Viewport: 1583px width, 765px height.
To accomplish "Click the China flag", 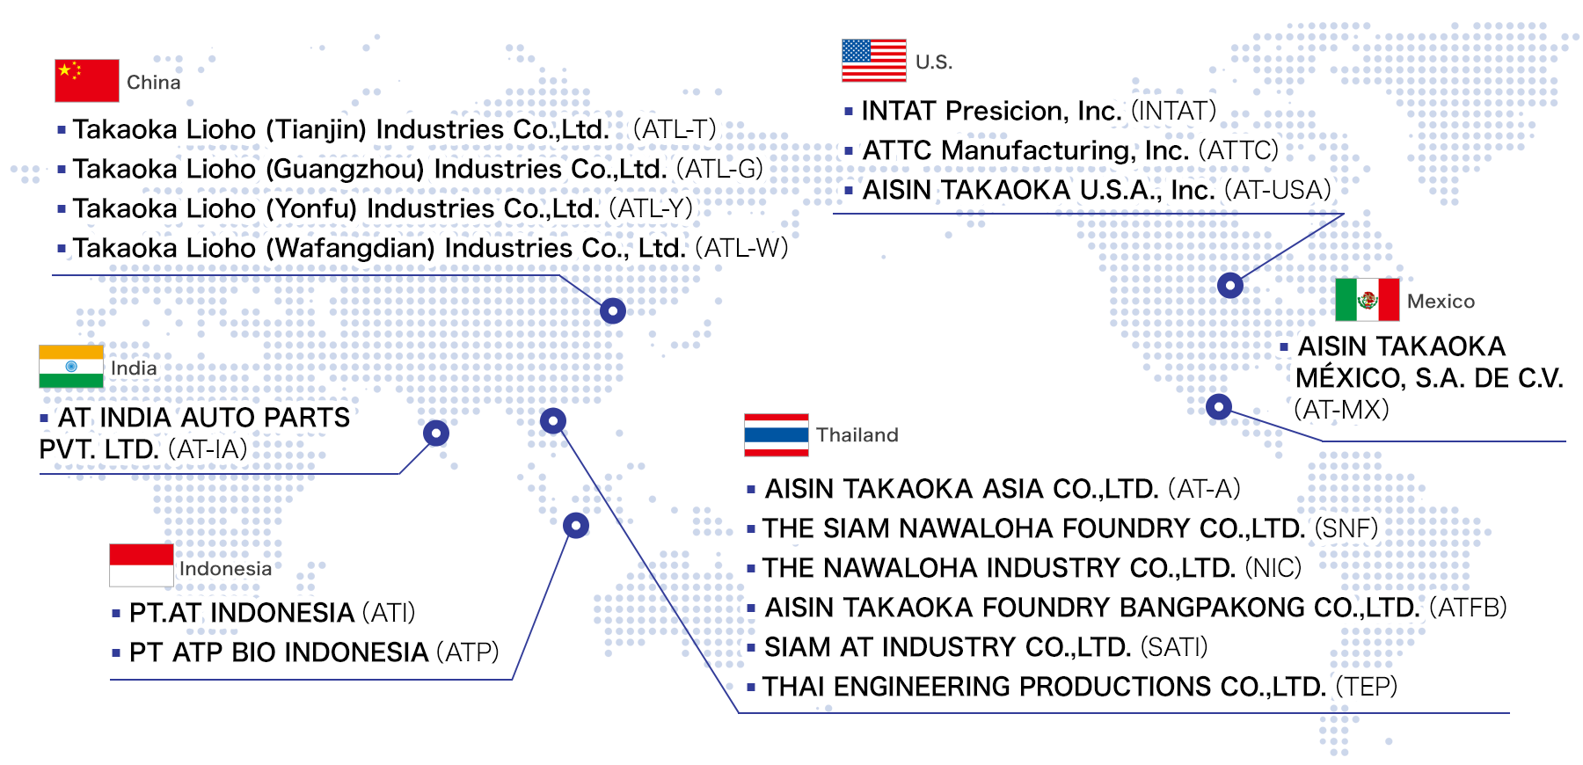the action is click(87, 81).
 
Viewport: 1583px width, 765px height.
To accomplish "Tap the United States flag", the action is click(874, 61).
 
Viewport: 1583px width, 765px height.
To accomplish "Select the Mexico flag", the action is click(1368, 300).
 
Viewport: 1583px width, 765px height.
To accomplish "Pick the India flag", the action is click(71, 367).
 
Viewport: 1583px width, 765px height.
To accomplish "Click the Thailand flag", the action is click(777, 434).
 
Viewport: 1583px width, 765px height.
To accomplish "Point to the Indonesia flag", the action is click(142, 565).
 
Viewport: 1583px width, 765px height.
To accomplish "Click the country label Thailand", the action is click(857, 434).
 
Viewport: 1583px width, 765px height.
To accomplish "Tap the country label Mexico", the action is click(1441, 302).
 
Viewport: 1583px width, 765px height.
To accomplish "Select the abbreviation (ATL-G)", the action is click(719, 169).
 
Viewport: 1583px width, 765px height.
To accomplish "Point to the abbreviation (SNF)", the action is click(1346, 528).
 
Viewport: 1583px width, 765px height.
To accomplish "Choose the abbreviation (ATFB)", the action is click(1469, 608).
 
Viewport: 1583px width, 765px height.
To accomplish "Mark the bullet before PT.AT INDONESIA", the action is click(116, 613).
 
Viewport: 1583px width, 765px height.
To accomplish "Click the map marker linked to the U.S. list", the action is click(1230, 285).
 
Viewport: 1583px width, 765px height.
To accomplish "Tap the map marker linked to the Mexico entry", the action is click(1218, 406).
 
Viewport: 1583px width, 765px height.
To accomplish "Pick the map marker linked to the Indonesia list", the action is click(576, 526).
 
